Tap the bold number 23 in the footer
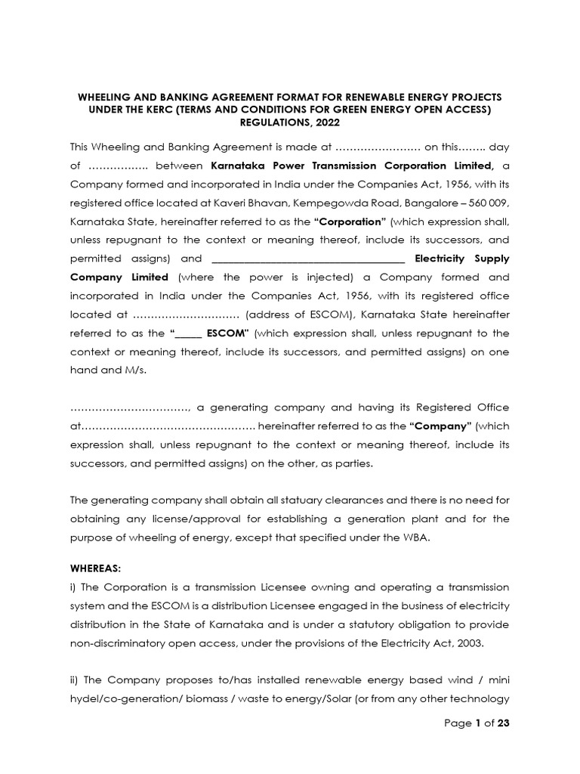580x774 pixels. pos(504,723)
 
